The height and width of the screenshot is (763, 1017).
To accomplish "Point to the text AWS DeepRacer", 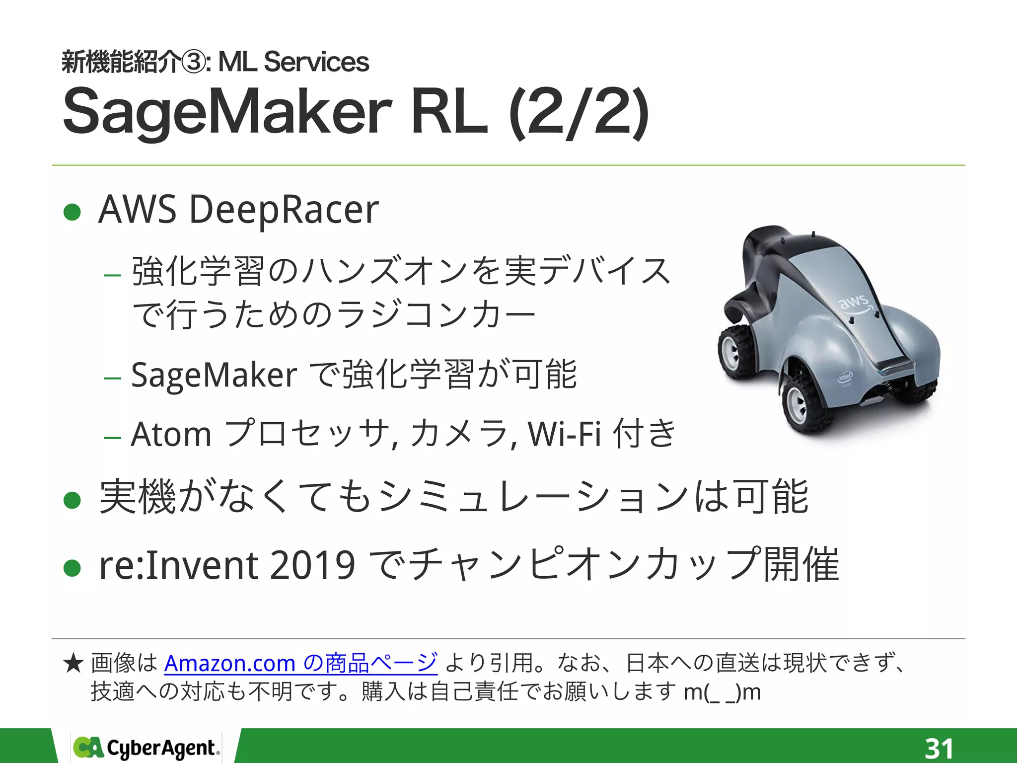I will (238, 210).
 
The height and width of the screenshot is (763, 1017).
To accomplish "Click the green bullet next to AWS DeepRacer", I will (73, 213).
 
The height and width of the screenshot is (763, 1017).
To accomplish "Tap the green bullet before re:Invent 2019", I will (73, 568).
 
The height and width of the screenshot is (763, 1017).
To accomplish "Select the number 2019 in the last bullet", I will (312, 566).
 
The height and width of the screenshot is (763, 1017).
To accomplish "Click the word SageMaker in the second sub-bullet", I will (214, 375).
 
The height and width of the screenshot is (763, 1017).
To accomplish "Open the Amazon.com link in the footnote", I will (300, 663).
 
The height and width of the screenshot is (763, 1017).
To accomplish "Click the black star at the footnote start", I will (73, 664).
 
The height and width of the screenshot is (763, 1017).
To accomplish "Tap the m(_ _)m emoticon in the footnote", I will (722, 692).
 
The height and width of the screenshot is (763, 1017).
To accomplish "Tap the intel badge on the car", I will (845, 377).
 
